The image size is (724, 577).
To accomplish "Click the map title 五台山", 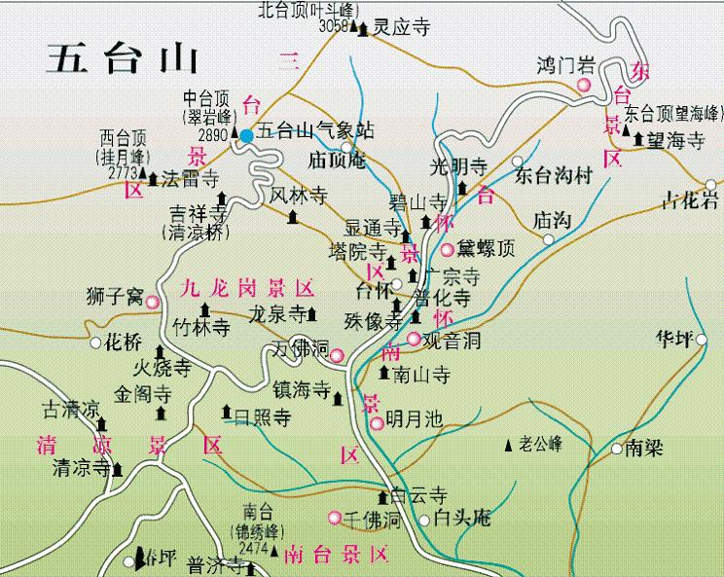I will click(123, 60).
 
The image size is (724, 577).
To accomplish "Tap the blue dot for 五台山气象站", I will click(247, 136).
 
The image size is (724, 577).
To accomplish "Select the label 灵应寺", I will click(402, 28).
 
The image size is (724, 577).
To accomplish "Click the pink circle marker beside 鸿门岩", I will click(584, 86).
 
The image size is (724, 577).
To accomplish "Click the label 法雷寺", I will click(190, 178).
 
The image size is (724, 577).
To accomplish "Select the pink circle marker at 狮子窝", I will click(153, 303).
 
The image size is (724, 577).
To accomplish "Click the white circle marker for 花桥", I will click(95, 343).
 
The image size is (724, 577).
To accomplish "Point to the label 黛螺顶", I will click(486, 249).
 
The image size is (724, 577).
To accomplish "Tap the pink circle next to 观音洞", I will click(414, 340).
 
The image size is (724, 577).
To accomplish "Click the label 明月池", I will click(414, 420).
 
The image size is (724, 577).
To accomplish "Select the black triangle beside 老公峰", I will click(508, 446).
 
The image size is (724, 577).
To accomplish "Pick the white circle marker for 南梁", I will click(616, 449).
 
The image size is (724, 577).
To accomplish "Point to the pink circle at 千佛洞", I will click(335, 518).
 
